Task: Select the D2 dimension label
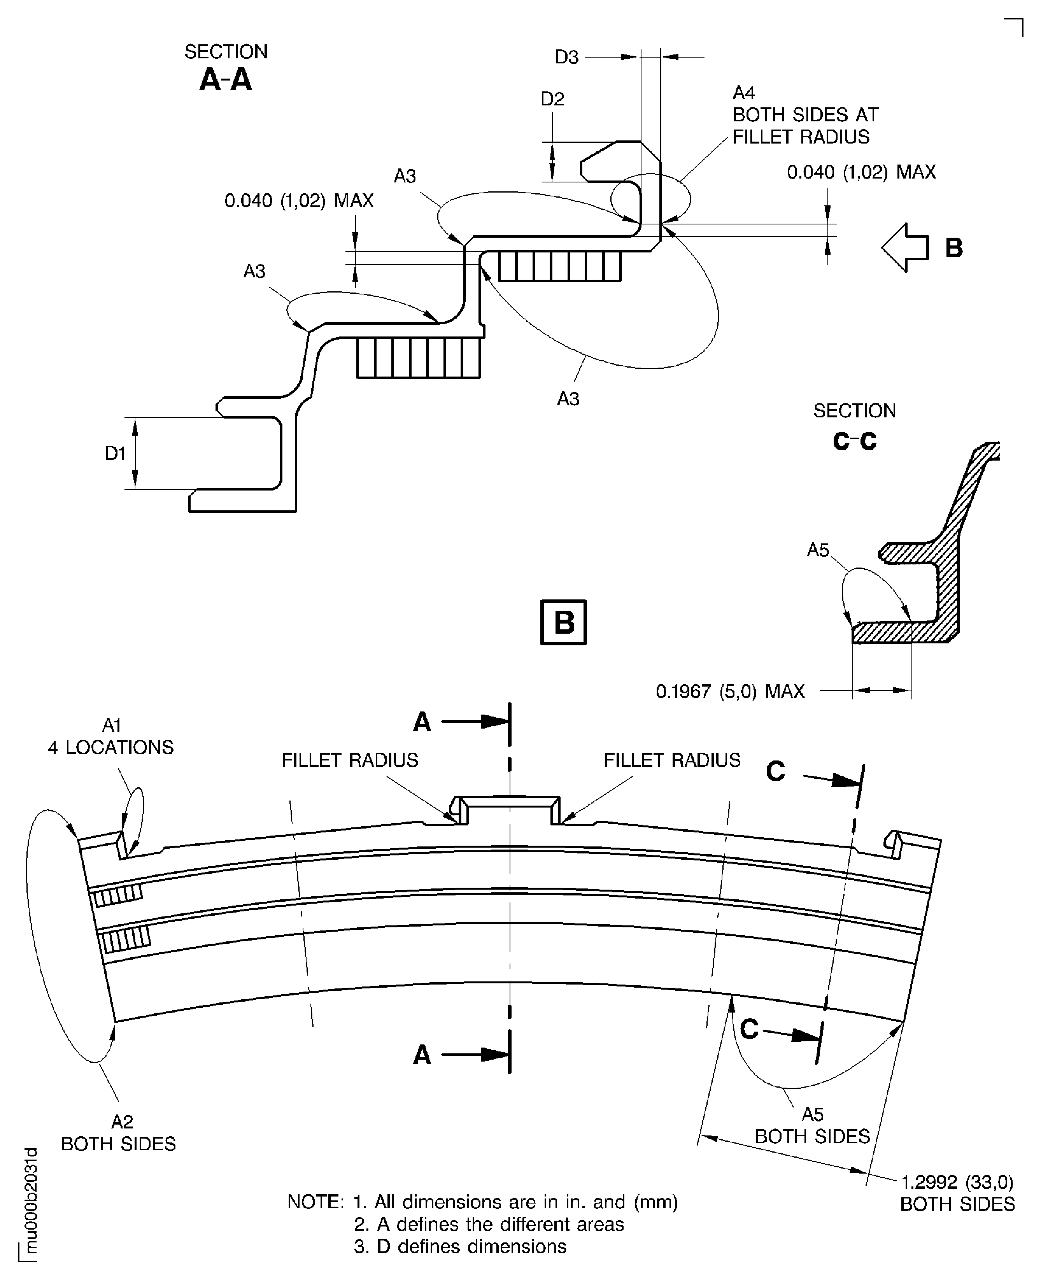click(x=552, y=99)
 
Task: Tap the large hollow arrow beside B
click(x=904, y=248)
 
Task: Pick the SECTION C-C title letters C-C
click(x=855, y=442)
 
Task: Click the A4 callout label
click(x=743, y=93)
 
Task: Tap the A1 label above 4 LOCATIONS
click(x=112, y=725)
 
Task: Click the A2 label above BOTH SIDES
click(x=122, y=1121)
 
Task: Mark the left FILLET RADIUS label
click(x=350, y=760)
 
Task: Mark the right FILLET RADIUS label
click(x=671, y=760)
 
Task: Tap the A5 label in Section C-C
click(x=818, y=550)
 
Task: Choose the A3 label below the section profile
click(x=568, y=399)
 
